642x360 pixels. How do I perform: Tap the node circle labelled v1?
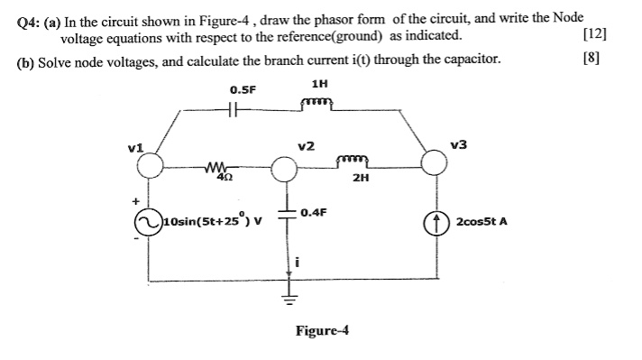coord(151,165)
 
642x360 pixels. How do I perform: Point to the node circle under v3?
coord(435,163)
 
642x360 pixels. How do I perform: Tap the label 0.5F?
coord(243,89)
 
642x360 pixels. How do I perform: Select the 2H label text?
coord(361,179)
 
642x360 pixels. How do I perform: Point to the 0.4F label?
coord(315,212)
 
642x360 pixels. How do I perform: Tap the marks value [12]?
coord(595,35)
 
